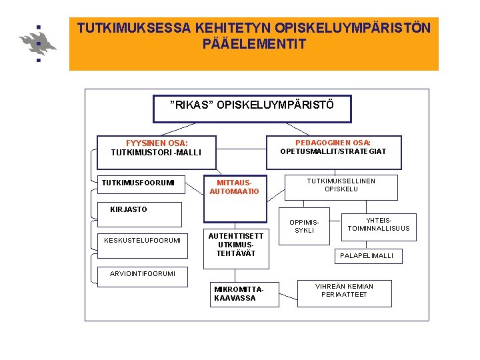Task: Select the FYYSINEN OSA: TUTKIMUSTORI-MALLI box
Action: tap(156, 148)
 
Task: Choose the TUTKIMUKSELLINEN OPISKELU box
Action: tap(341, 185)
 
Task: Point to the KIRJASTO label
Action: tap(129, 209)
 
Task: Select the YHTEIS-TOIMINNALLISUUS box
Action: tap(379, 225)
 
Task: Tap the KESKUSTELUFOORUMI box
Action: tap(142, 240)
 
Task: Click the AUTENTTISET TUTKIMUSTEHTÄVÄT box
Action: tap(236, 245)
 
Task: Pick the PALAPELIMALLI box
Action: tap(367, 255)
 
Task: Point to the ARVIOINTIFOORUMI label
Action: tap(137, 273)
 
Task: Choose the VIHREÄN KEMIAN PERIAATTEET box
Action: tap(344, 291)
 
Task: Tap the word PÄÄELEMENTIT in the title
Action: tap(254, 45)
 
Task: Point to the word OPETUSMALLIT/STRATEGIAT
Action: tap(333, 151)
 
